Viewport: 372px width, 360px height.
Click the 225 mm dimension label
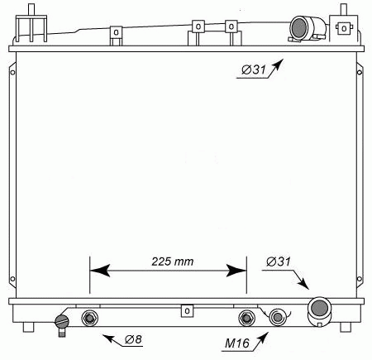click(173, 262)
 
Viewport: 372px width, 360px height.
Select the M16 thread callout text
click(237, 343)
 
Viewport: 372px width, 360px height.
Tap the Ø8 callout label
click(133, 339)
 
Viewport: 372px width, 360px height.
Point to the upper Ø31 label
click(254, 70)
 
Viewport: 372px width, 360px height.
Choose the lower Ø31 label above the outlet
click(279, 262)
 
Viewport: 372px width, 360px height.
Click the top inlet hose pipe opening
click(298, 27)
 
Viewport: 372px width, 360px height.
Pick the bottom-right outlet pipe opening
click(319, 307)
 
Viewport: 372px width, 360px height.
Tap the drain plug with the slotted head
click(62, 321)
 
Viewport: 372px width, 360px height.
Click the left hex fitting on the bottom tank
click(89, 318)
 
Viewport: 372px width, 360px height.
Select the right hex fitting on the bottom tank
click(246, 318)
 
